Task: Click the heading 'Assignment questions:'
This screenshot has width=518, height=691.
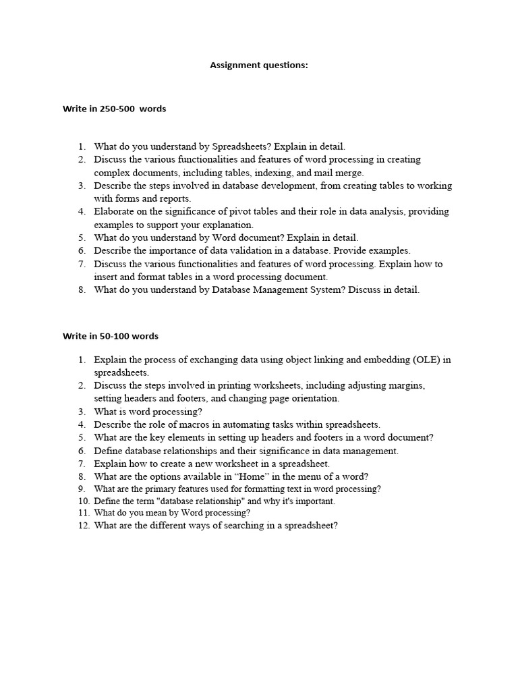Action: click(258, 65)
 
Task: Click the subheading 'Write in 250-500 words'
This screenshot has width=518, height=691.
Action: click(114, 109)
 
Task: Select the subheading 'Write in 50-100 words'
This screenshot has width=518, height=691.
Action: click(111, 335)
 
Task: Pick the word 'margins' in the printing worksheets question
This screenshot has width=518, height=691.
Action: click(407, 386)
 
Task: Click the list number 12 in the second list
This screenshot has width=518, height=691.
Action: click(83, 526)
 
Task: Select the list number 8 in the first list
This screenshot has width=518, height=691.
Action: click(82, 290)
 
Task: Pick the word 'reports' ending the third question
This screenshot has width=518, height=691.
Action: click(174, 198)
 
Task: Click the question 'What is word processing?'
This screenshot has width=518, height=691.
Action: click(148, 412)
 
